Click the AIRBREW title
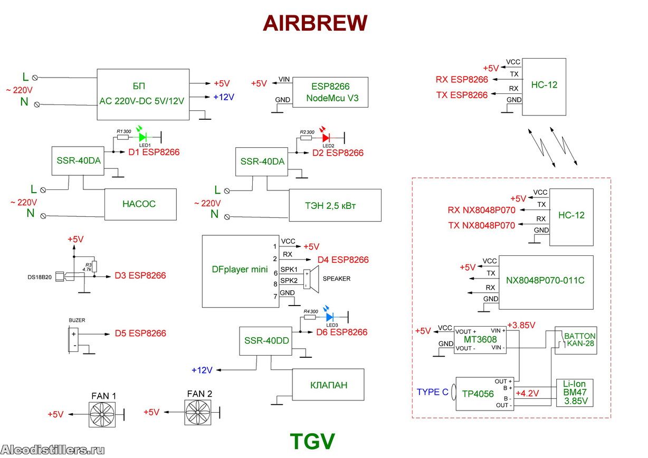(x=315, y=23)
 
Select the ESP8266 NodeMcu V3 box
(x=330, y=93)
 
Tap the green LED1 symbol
(x=142, y=137)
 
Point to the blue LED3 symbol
(x=330, y=317)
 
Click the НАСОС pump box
(x=140, y=204)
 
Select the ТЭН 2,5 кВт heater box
(x=335, y=205)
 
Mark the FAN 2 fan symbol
(x=199, y=412)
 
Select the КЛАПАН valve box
(x=328, y=385)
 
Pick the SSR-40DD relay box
(x=267, y=341)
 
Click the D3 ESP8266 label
(x=140, y=275)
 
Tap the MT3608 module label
(x=480, y=339)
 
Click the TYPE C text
(x=433, y=393)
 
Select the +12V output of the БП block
(x=224, y=97)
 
